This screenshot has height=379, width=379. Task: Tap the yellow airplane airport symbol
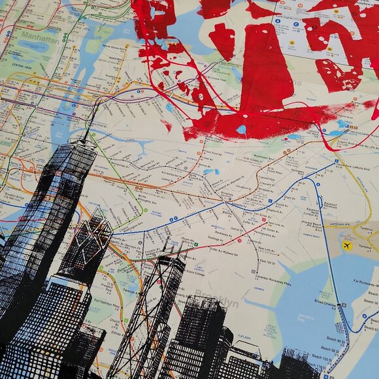346,246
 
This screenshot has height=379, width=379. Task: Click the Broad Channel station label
326,303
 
